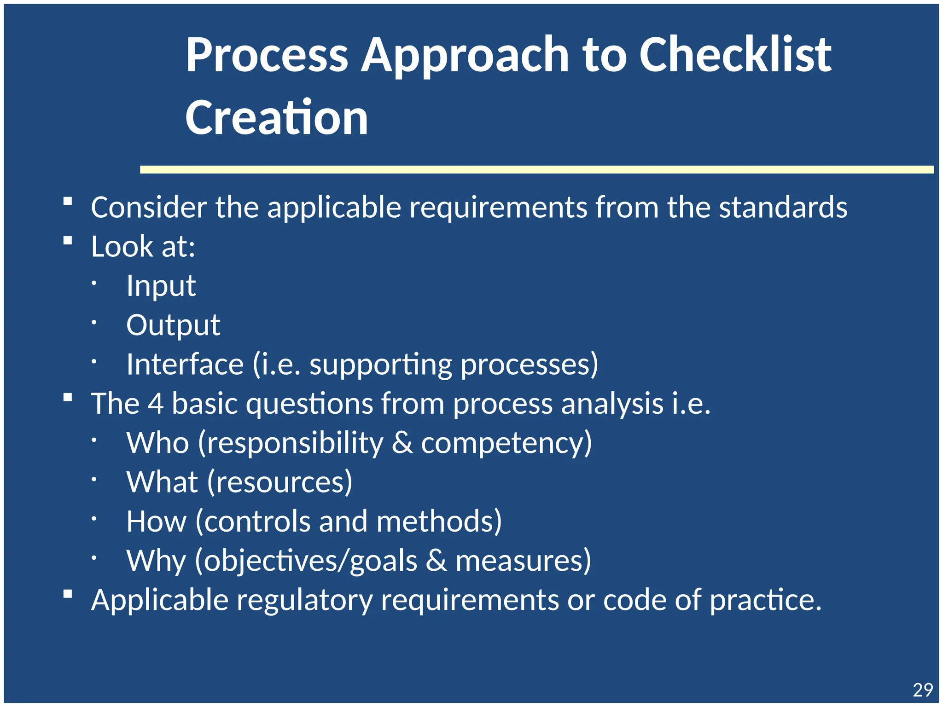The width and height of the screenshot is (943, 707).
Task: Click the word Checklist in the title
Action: pos(735,55)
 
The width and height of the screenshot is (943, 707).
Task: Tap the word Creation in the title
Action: pos(276,118)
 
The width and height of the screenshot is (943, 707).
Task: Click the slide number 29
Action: pos(922,690)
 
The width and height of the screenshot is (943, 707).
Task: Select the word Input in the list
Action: pos(161,286)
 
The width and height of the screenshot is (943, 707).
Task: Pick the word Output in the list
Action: pos(173,325)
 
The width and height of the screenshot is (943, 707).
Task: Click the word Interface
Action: pos(185,365)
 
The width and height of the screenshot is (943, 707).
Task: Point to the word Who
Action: pos(157,443)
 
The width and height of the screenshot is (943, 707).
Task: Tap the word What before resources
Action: pos(162,482)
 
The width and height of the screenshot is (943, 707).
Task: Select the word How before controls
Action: pos(156,522)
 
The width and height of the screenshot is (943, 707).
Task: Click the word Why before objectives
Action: pos(156,561)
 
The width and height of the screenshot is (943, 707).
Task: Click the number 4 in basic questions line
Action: pos(155,404)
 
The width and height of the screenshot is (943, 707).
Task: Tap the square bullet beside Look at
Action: pos(68,240)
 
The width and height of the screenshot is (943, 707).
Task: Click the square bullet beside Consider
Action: pos(68,201)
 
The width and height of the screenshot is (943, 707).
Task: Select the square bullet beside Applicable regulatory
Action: pos(68,594)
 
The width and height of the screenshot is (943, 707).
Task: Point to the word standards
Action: pos(783,207)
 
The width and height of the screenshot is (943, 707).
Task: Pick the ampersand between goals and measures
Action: pos(436,561)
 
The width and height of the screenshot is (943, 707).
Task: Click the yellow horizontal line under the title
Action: pos(536,170)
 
